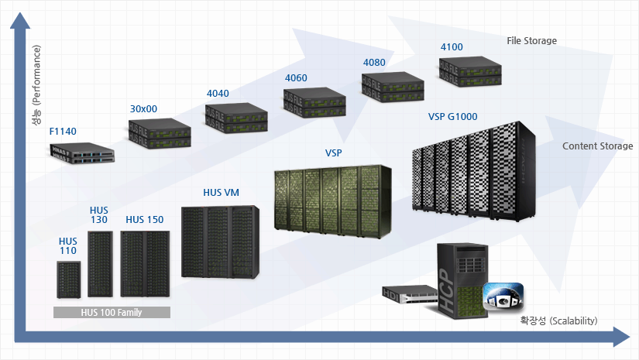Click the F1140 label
pyautogui.click(x=63, y=132)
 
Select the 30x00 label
pyautogui.click(x=143, y=109)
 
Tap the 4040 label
pyautogui.click(x=218, y=94)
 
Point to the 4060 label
pyautogui.click(x=296, y=77)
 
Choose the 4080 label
pyautogui.click(x=374, y=62)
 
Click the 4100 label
pyautogui.click(x=452, y=47)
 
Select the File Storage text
pyautogui.click(x=531, y=40)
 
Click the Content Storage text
pyautogui.click(x=597, y=146)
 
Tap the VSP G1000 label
pyautogui.click(x=452, y=117)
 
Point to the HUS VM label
pyautogui.click(x=221, y=192)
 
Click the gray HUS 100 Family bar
pyautogui.click(x=112, y=313)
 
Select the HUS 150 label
pyautogui.click(x=145, y=220)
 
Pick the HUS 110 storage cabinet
pyautogui.click(x=69, y=279)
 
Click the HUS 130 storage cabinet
pyautogui.click(x=100, y=264)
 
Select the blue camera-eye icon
pyautogui.click(x=503, y=296)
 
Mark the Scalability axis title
pyautogui.click(x=558, y=320)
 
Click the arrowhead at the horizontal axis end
pyautogui.click(x=621, y=337)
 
